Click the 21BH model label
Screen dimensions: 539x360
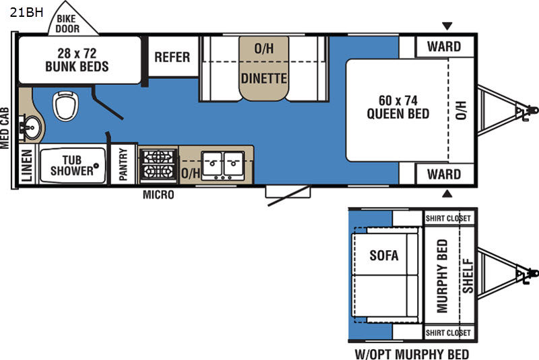point(26,12)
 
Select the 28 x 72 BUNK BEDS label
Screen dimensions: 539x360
point(77,59)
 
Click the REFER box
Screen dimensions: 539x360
point(172,57)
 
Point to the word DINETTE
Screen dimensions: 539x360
point(263,78)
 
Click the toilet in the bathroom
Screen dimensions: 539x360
point(65,106)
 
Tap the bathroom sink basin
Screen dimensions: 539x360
point(31,128)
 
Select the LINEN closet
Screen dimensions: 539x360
point(27,164)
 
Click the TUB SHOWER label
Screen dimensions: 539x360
point(72,165)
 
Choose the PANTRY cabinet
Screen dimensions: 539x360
point(123,164)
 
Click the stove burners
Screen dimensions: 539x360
point(158,164)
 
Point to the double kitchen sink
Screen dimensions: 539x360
point(223,165)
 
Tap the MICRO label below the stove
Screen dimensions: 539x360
point(158,195)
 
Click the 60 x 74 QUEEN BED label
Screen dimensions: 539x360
point(398,107)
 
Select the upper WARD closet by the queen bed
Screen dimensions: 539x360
point(445,47)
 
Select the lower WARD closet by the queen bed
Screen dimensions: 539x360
point(445,174)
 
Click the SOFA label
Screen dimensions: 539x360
point(384,255)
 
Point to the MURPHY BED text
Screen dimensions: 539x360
point(442,276)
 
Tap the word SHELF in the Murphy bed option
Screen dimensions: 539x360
point(468,276)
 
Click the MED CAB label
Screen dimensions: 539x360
point(5,128)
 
